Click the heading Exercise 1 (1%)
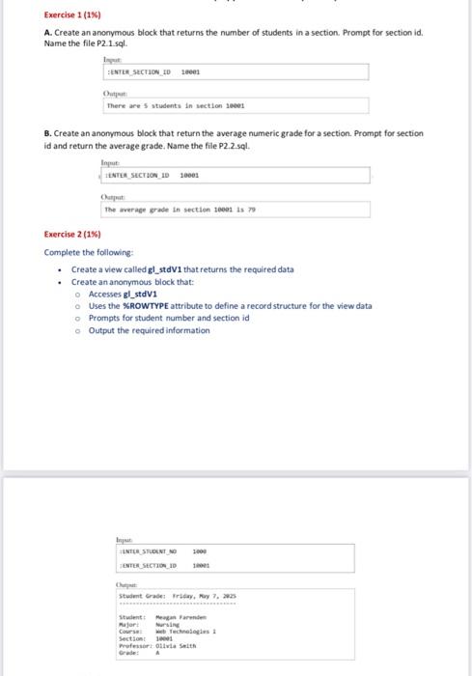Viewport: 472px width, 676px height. (74, 14)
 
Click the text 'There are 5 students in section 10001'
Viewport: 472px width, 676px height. (176, 106)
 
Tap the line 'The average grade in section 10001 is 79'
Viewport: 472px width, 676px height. (177, 210)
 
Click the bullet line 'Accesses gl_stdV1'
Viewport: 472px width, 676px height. (122, 294)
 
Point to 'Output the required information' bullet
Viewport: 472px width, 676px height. (149, 330)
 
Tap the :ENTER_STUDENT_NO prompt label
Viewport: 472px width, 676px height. (142, 550)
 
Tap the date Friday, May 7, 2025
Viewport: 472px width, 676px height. (204, 596)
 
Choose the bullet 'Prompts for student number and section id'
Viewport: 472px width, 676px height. (169, 318)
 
